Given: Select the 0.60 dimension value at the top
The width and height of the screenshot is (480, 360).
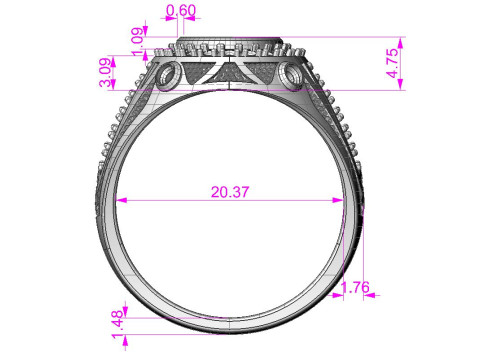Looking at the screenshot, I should tap(180, 11).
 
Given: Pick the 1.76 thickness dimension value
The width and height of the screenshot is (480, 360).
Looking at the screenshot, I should tap(356, 289).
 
